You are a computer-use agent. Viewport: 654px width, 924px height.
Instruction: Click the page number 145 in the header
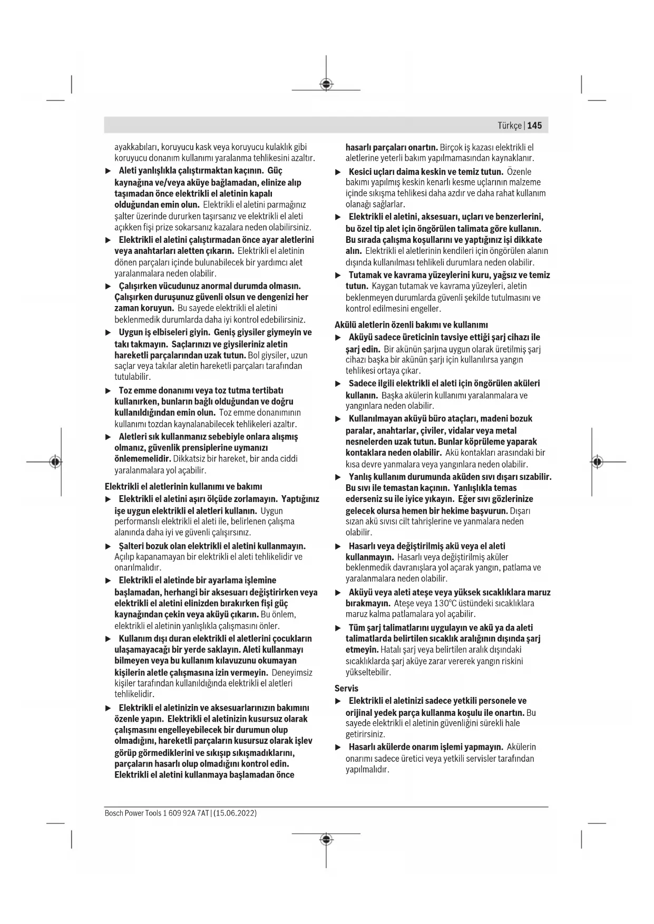coord(534,125)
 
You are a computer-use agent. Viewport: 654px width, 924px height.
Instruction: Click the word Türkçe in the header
coord(510,125)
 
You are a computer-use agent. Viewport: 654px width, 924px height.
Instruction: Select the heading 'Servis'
coord(346,688)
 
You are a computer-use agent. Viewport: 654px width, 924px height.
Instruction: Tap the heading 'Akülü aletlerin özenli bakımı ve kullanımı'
coord(411,325)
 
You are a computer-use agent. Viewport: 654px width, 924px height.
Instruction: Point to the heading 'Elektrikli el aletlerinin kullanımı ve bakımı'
coord(183,486)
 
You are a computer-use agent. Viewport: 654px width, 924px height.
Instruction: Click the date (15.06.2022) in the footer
coord(235,813)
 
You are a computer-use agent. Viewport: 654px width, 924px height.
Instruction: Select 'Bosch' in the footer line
coord(113,813)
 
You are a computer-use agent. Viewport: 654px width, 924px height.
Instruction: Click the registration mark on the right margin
coord(597,462)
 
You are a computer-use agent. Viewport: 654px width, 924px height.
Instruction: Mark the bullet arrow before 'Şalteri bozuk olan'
coord(108,546)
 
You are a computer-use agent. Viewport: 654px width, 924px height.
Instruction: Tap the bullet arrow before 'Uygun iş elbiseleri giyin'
coord(108,333)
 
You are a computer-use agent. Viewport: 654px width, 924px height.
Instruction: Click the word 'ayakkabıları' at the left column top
coord(135,147)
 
